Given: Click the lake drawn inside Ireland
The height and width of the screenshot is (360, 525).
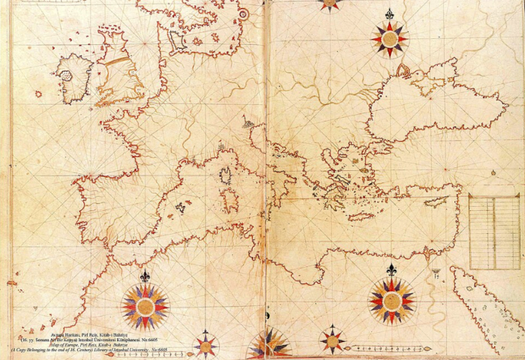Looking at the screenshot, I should [x=66, y=76].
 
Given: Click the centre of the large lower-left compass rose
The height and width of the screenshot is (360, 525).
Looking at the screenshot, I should [x=145, y=307].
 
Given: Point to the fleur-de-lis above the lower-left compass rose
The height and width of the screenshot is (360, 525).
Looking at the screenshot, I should [x=145, y=276].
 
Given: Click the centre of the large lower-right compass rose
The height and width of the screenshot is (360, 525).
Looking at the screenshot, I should [x=391, y=301].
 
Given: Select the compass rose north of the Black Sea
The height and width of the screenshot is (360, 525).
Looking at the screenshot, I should [x=389, y=39].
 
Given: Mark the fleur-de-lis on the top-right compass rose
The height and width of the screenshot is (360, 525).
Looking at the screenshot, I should [x=389, y=13].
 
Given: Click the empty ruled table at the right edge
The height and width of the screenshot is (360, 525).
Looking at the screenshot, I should [x=493, y=232].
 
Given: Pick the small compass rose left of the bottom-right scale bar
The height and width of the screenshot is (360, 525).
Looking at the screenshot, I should [x=332, y=340].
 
